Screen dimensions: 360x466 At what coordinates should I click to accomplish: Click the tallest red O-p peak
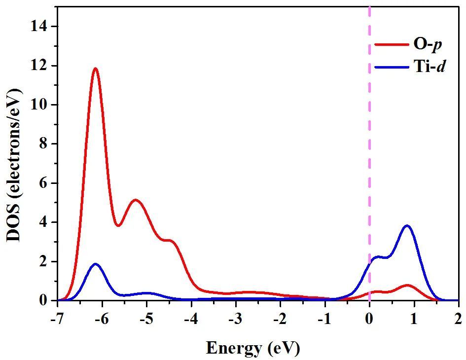pos(95,69)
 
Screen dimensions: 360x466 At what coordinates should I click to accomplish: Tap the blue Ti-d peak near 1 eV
pos(407,226)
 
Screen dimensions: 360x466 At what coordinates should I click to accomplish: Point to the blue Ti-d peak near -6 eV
pos(95,264)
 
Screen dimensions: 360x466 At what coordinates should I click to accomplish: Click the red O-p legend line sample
pos(390,44)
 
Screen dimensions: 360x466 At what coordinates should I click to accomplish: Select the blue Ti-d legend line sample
pos(390,67)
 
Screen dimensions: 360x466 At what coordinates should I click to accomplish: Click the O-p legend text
pos(427,44)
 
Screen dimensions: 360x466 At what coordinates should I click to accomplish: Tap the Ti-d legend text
pos(429,67)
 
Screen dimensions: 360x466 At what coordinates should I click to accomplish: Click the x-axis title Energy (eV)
pos(252,348)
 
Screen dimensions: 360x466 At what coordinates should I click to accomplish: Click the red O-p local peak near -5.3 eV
pos(135,200)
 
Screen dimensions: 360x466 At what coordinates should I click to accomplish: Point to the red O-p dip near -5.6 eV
pos(118,226)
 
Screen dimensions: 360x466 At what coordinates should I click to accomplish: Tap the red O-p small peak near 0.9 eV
pos(407,285)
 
